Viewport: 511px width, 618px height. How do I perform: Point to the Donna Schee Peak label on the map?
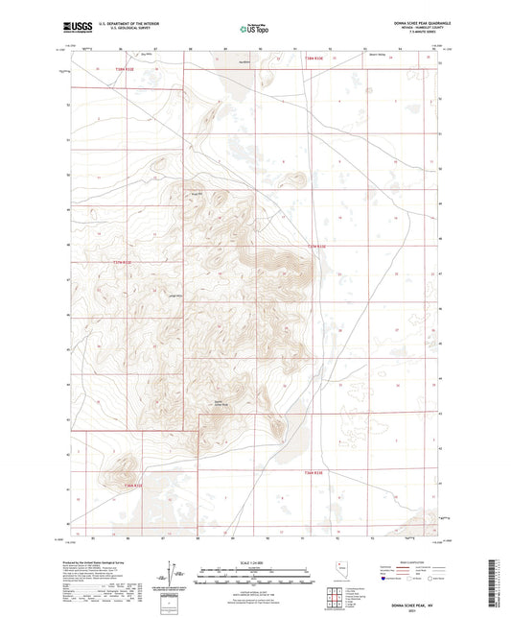(x=218, y=404)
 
